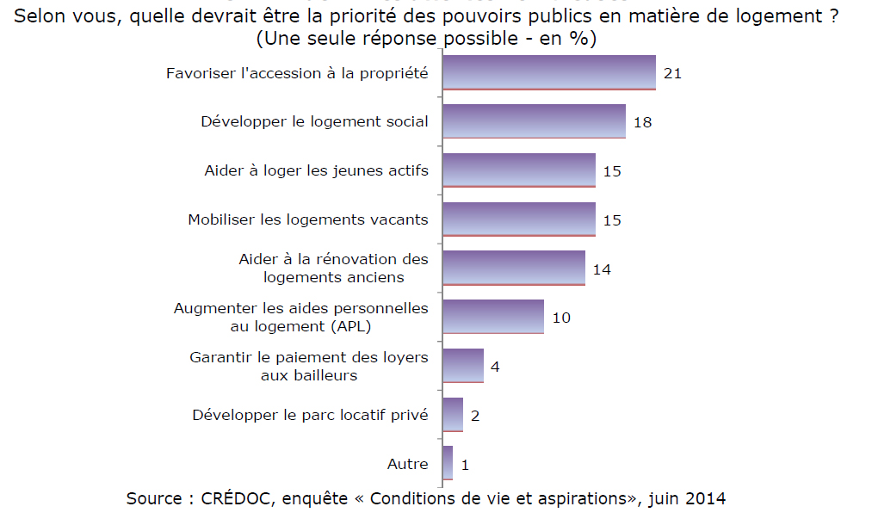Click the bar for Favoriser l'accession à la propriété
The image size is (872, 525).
click(548, 72)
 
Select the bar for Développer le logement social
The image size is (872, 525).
click(534, 121)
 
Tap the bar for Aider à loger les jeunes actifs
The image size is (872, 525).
click(518, 170)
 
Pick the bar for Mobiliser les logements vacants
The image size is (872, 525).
click(518, 219)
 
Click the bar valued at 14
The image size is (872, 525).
click(513, 268)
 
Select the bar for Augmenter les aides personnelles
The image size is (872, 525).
click(492, 317)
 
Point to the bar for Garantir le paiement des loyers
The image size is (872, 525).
click(462, 366)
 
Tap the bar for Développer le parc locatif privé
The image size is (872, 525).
click(453, 415)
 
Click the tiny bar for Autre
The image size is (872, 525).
click(448, 463)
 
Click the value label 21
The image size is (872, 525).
click(673, 73)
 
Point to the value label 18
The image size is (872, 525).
click(642, 122)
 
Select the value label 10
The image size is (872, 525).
click(561, 318)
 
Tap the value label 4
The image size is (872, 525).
click(495, 367)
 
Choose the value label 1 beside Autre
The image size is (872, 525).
click(465, 465)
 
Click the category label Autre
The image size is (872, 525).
click(407, 464)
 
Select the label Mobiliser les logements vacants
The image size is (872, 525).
click(307, 219)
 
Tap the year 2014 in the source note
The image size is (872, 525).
click(706, 498)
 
